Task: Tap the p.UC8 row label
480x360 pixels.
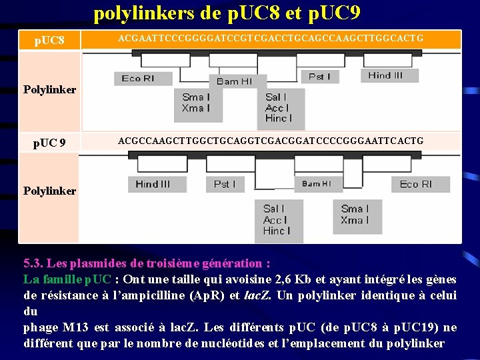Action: [x=49, y=41]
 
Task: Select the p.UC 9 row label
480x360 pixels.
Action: [x=50, y=142]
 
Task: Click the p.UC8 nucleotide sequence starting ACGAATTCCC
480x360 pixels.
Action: [x=271, y=39]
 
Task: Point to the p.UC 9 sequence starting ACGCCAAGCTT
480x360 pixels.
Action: [x=271, y=141]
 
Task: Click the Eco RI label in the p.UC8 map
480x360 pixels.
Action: [x=138, y=79]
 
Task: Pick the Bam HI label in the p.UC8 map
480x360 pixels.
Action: [x=234, y=81]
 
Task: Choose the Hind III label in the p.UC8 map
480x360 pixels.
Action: [x=385, y=75]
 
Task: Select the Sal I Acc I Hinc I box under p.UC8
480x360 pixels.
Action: [x=277, y=107]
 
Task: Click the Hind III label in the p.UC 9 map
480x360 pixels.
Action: [x=153, y=184]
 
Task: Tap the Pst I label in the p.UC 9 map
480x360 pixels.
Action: [x=225, y=184]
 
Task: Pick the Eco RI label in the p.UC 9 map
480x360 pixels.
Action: [x=415, y=184]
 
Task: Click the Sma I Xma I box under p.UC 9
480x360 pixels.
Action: [x=354, y=215]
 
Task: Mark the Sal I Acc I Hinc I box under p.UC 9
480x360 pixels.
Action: [x=276, y=220]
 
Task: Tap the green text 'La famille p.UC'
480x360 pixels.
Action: [x=67, y=279]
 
